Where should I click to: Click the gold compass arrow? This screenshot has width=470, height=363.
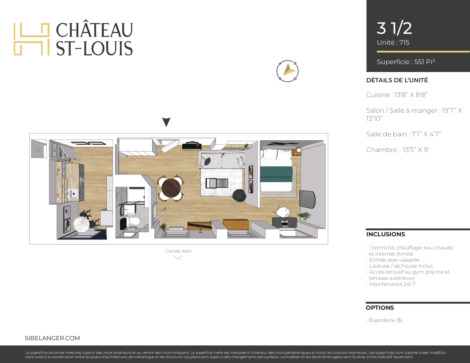pyautogui.click(x=289, y=70)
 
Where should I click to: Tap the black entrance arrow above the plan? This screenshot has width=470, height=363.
pyautogui.click(x=166, y=122)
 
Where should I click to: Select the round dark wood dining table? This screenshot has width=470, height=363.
pyautogui.click(x=171, y=188)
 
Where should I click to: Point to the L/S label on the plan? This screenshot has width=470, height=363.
pyautogui.click(x=38, y=151)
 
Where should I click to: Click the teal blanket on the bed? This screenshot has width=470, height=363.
pyautogui.click(x=276, y=174)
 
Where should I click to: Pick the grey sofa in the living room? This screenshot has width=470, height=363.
pyautogui.click(x=222, y=159)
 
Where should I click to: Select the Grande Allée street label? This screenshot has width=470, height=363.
pyautogui.click(x=178, y=251)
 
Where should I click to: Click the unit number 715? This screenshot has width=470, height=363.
pyautogui.click(x=404, y=42)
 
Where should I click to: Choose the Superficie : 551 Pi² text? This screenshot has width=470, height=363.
pyautogui.click(x=406, y=61)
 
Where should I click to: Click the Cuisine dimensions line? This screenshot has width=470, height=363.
pyautogui.click(x=397, y=95)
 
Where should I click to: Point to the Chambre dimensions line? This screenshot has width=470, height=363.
pyautogui.click(x=397, y=149)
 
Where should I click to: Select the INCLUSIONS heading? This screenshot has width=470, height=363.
pyautogui.click(x=386, y=234)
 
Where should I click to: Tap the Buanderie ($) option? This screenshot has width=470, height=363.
pyautogui.click(x=384, y=320)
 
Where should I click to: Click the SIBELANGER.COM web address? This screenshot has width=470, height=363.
pyautogui.click(x=52, y=338)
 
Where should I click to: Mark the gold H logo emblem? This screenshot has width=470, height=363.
pyautogui.click(x=32, y=39)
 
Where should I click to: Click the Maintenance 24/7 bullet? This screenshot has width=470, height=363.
pyautogui.click(x=391, y=284)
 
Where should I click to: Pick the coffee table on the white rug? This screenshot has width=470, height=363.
pyautogui.click(x=217, y=183)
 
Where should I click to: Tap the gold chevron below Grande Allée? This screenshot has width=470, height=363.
pyautogui.click(x=178, y=257)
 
